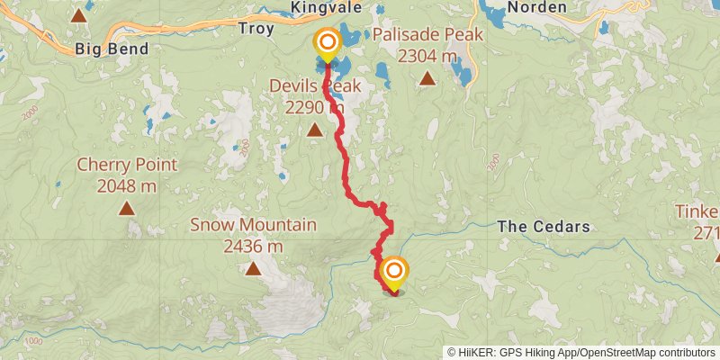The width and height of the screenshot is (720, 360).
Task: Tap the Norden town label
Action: click(x=537, y=7)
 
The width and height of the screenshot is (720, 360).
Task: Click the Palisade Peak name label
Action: click(x=427, y=35)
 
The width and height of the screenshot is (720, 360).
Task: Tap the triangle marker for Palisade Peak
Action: click(x=427, y=77)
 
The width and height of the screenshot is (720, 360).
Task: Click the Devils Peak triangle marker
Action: click(x=314, y=130)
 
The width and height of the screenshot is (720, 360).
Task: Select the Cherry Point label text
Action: click(x=126, y=166)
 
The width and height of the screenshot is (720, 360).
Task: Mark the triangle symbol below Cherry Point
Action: click(x=126, y=208)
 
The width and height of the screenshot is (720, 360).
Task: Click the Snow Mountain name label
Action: click(x=253, y=225)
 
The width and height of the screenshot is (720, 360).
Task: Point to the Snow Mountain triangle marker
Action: click(x=254, y=267)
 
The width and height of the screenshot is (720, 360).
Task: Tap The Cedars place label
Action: click(x=544, y=227)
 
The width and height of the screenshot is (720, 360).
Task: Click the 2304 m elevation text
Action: click(x=427, y=56)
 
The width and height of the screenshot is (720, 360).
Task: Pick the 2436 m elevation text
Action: click(x=253, y=246)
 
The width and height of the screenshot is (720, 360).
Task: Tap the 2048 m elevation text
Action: click(x=126, y=186)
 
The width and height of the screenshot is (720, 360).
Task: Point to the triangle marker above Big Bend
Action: click(x=79, y=14)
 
